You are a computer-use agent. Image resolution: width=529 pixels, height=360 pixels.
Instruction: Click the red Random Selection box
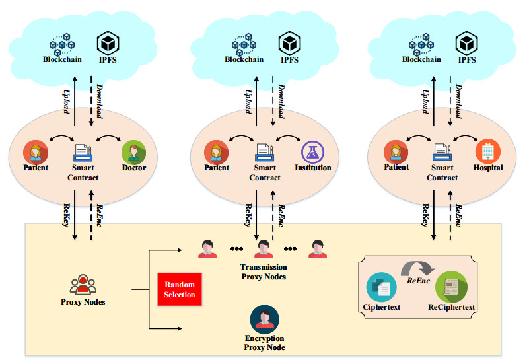[180, 289]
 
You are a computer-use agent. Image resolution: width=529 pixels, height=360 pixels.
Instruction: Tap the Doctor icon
[133, 152]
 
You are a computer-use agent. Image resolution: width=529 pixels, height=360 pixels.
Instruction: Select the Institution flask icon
[313, 153]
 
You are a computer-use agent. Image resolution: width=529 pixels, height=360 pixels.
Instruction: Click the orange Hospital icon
[487, 152]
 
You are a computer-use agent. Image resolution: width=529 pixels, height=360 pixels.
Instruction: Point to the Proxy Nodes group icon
[83, 285]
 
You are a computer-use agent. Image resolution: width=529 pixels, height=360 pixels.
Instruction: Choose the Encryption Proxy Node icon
[264, 320]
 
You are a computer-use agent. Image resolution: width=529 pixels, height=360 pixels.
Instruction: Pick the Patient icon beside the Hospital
[396, 152]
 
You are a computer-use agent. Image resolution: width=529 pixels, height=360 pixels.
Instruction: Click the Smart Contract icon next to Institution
[265, 153]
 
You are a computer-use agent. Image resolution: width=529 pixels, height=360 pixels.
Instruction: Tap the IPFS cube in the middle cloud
[289, 44]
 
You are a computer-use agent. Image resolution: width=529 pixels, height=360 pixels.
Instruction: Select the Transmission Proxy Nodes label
[264, 271]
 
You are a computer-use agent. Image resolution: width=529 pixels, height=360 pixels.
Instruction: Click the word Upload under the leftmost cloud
[66, 102]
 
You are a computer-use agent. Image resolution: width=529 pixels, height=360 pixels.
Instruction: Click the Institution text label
[313, 168]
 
